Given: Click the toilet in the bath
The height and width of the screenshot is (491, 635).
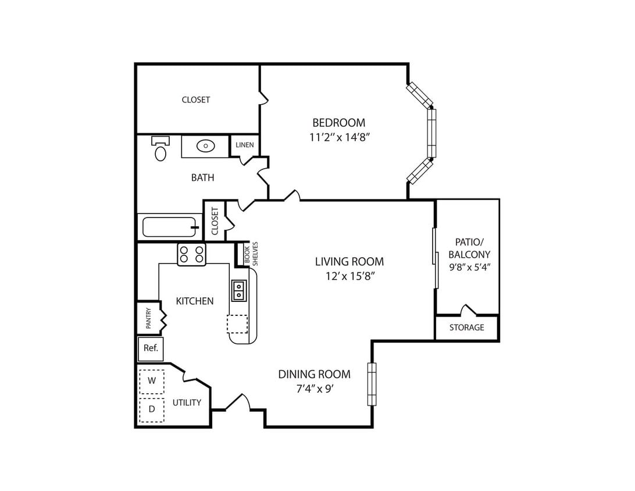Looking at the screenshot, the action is pos(160,148).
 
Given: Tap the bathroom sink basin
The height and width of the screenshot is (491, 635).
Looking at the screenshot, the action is pos(206,145).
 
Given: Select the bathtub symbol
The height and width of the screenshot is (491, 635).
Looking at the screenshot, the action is pos(170,227).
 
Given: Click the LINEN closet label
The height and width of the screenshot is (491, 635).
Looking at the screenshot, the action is pos(245,145).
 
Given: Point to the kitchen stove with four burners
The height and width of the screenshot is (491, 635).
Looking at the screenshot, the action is pos(191,254).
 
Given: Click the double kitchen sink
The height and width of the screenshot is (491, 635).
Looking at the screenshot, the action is pos(239,290).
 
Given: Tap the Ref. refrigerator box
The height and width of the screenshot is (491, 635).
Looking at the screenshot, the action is pos(151,348).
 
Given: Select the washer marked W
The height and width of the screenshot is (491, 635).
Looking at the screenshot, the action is pos(152,381).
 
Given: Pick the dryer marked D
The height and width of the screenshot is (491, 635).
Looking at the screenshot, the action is pos(152,410).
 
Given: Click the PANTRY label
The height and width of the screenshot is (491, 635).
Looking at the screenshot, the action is pos(149,318).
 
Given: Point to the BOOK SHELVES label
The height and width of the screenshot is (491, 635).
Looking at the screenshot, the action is pos(251,254).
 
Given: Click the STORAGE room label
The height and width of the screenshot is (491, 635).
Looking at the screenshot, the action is pos(466,328).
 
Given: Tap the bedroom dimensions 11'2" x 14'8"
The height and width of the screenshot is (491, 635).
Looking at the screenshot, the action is pos(340,137).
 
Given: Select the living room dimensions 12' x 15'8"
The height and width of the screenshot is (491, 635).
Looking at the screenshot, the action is pos(349,276).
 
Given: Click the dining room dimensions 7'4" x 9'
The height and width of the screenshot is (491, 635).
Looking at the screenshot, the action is pos(314,389).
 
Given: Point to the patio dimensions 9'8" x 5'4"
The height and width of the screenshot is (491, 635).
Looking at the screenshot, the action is pos(470,268).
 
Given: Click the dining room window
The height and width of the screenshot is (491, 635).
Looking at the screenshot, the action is pos(372,384).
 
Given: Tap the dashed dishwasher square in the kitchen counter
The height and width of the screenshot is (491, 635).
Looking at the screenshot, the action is pos(237,324).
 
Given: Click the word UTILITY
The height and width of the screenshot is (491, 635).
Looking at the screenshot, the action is pos(187,403).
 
